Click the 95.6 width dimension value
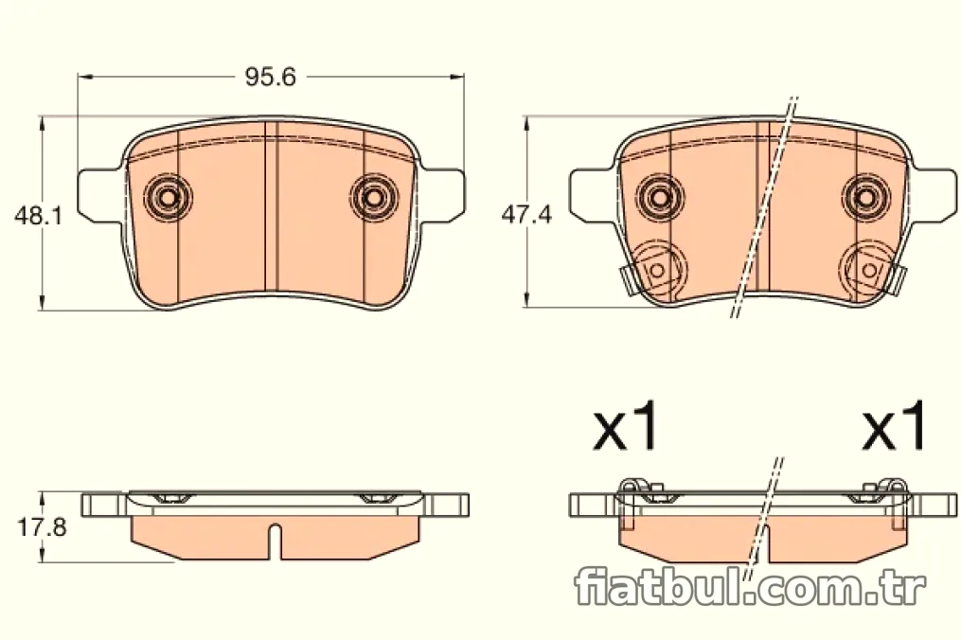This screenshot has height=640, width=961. [270, 78]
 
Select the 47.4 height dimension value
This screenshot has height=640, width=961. [526, 215]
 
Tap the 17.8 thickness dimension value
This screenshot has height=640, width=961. [41, 526]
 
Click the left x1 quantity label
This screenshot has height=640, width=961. [625, 427]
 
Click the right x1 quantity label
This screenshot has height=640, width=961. [894, 427]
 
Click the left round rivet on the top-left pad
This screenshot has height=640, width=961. [168, 197]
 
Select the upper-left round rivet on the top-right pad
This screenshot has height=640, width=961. [660, 196]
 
